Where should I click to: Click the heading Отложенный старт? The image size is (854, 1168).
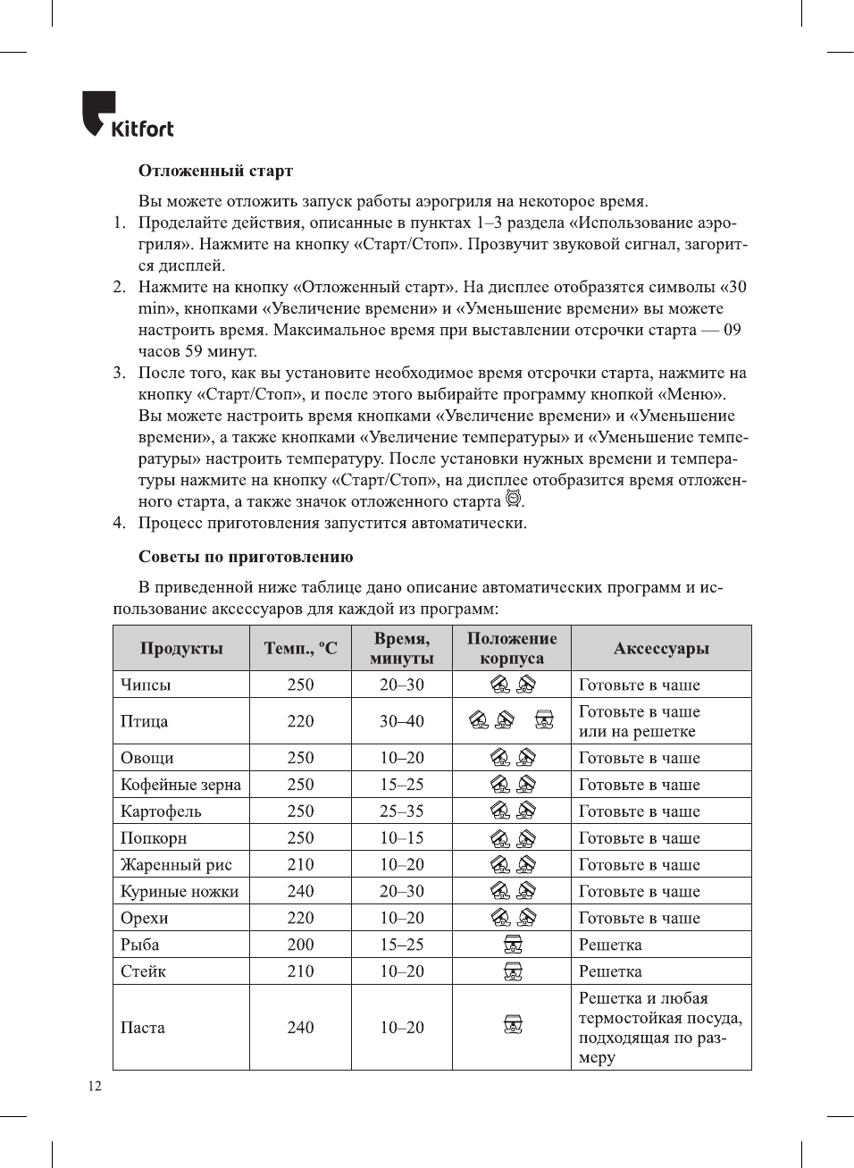pyautogui.click(x=215, y=171)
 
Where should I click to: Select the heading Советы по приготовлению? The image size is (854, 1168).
pyautogui.click(x=246, y=557)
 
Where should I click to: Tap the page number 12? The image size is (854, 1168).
pyautogui.click(x=95, y=1086)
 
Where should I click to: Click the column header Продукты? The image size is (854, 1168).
pyautogui.click(x=181, y=649)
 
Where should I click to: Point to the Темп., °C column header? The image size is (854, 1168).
pyautogui.click(x=300, y=649)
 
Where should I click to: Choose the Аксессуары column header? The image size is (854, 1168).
pyautogui.click(x=661, y=649)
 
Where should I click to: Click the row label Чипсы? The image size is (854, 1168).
pyautogui.click(x=146, y=685)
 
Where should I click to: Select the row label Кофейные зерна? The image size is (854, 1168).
pyautogui.click(x=180, y=785)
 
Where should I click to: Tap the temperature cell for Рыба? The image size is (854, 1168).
pyautogui.click(x=300, y=945)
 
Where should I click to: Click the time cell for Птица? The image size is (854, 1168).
pyautogui.click(x=402, y=721)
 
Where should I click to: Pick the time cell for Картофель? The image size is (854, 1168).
pyautogui.click(x=402, y=811)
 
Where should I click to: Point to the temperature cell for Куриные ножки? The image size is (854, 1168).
pyautogui.click(x=300, y=891)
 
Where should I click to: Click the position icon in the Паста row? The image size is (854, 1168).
pyautogui.click(x=513, y=1025)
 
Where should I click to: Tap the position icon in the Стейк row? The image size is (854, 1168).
pyautogui.click(x=513, y=971)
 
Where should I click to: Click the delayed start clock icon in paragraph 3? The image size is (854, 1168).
pyautogui.click(x=513, y=499)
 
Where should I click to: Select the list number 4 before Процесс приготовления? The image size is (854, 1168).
pyautogui.click(x=119, y=523)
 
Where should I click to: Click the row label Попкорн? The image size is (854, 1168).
pyautogui.click(x=154, y=838)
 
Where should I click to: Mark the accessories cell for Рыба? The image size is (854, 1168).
pyautogui.click(x=610, y=945)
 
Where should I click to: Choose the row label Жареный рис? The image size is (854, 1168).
pyautogui.click(x=176, y=865)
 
